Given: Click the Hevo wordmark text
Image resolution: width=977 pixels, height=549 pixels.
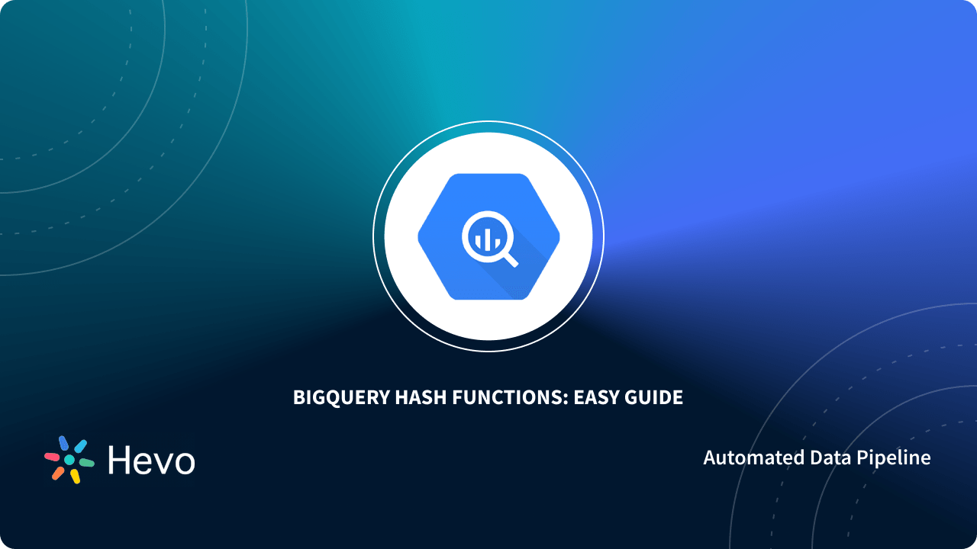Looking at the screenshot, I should pyautogui.click(x=151, y=460).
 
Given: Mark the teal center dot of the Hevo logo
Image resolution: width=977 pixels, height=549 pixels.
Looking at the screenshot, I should pyautogui.click(x=69, y=460).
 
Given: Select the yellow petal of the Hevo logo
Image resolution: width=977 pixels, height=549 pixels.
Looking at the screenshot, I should pyautogui.click(x=75, y=476).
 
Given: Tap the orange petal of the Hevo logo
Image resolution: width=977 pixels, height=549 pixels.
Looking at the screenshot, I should pyautogui.click(x=58, y=473).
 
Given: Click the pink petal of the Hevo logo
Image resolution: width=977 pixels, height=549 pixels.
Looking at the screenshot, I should pyautogui.click(x=52, y=457).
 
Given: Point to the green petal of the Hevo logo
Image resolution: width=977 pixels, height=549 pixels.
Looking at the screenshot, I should pyautogui.click(x=86, y=462).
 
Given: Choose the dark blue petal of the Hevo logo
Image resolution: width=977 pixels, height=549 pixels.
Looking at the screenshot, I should pyautogui.click(x=63, y=443).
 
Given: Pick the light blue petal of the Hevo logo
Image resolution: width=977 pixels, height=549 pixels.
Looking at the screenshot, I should pyautogui.click(x=80, y=446).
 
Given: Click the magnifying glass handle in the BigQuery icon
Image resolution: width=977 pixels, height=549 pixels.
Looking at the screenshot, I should pyautogui.click(x=509, y=258).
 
